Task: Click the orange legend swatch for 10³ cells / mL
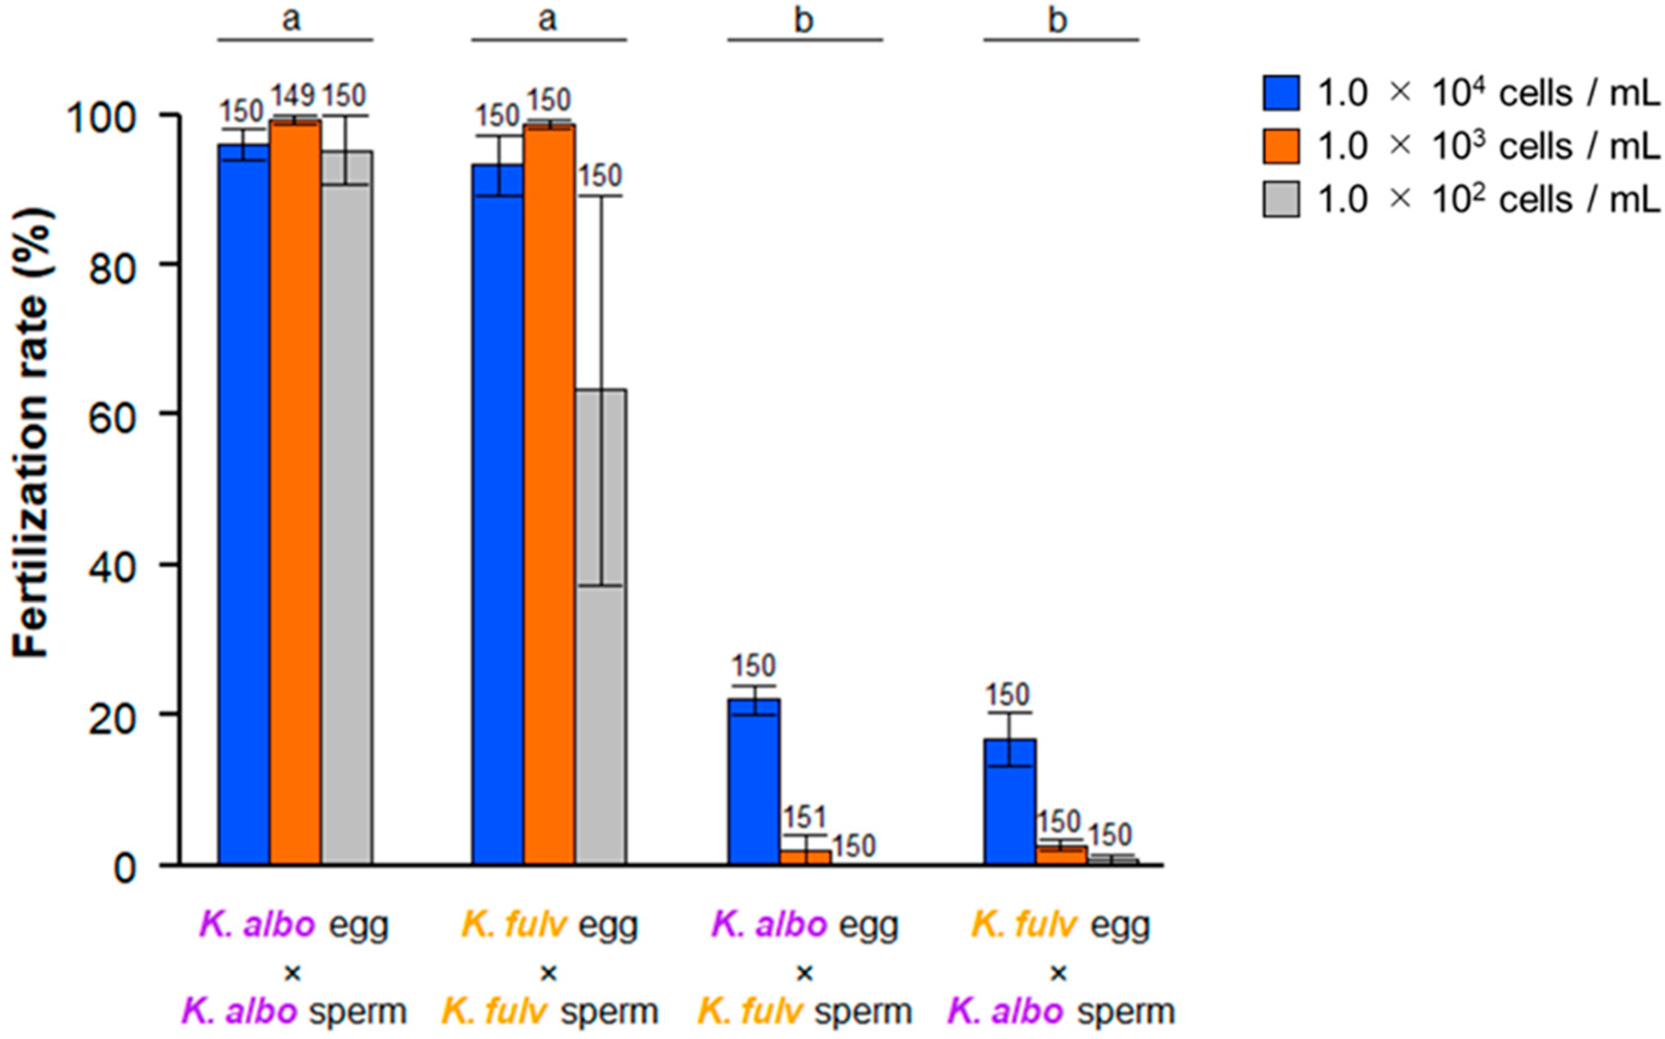[1280, 146]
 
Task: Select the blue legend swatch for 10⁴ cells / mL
[1280, 93]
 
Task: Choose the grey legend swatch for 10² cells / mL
[1280, 199]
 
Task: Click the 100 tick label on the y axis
[102, 116]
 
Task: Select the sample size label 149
[294, 96]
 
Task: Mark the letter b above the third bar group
[804, 21]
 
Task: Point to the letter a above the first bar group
[292, 19]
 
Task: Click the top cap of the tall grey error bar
[601, 196]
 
